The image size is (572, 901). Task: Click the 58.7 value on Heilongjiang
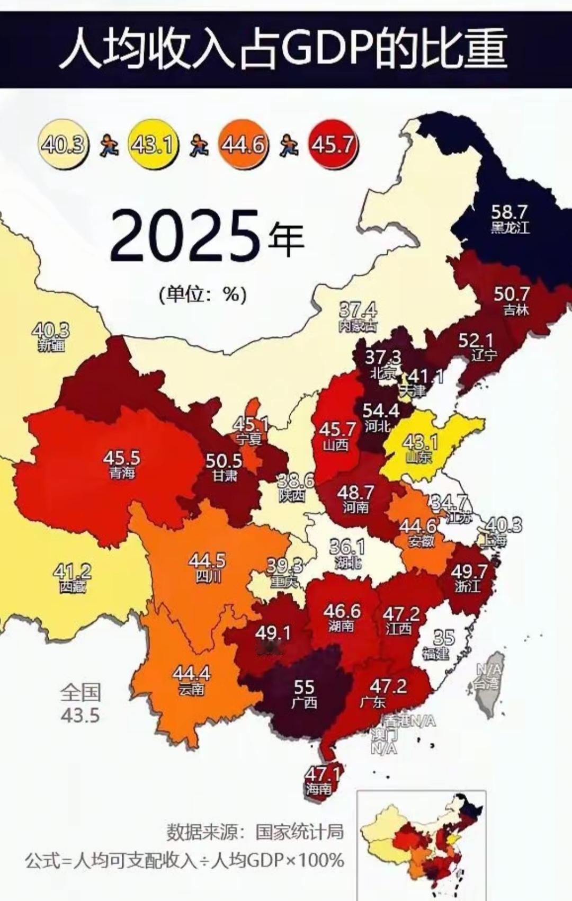click(509, 212)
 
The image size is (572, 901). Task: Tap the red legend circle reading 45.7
click(333, 144)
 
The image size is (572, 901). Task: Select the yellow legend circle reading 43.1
click(152, 144)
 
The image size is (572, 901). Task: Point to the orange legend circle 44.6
click(243, 144)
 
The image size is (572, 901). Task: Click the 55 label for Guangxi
click(304, 687)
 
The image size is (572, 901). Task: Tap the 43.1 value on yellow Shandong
click(419, 442)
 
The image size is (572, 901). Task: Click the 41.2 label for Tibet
click(72, 572)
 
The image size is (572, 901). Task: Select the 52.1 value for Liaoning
click(476, 340)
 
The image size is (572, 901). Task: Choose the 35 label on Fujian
click(444, 637)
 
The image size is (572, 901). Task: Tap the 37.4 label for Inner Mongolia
click(358, 309)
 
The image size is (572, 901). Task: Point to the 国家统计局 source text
click(300, 832)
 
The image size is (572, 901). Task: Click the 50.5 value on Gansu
click(224, 461)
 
